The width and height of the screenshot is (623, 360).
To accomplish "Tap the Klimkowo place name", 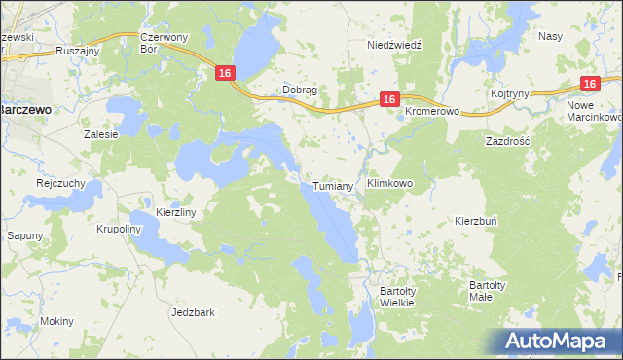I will [389, 182].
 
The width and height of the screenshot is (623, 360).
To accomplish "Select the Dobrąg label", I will [300, 90].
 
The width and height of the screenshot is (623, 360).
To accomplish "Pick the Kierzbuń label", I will [476, 221].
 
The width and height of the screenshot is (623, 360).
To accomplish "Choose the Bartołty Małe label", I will [486, 290].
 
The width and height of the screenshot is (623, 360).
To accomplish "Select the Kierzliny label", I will [176, 211].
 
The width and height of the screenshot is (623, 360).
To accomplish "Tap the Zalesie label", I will [101, 134].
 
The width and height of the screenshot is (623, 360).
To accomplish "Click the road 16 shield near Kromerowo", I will [388, 99].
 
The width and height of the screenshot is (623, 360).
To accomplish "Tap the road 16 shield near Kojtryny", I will [588, 85].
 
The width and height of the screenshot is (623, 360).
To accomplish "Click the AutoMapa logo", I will [557, 342].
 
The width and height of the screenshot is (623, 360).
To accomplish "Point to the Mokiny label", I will [56, 320].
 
